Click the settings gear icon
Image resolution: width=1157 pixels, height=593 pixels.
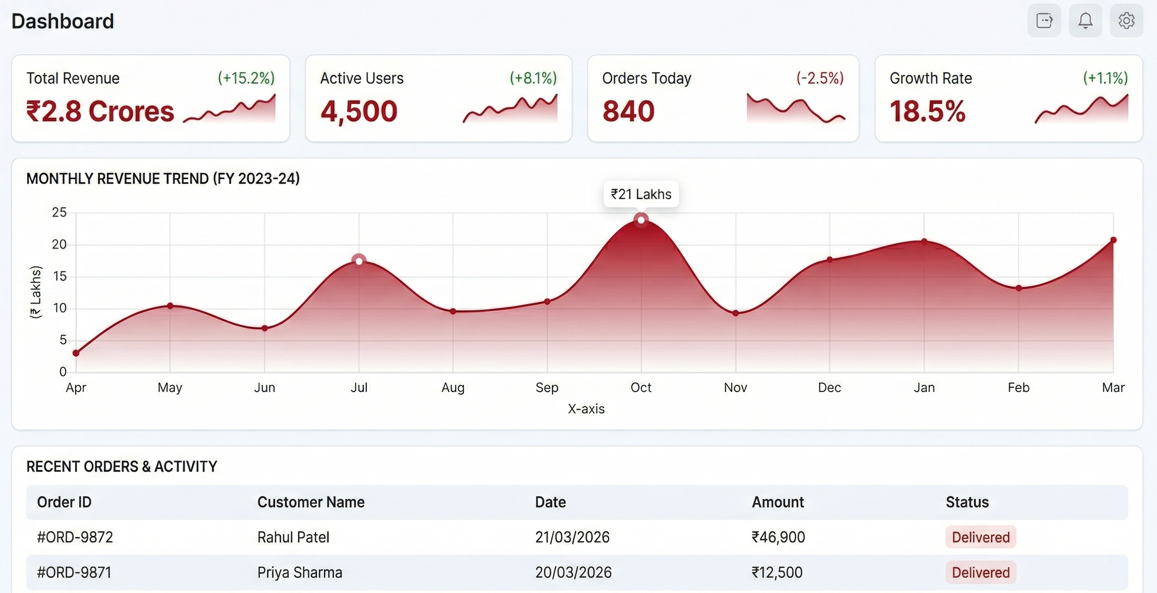click(x=1126, y=21)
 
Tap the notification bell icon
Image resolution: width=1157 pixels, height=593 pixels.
click(x=1085, y=21)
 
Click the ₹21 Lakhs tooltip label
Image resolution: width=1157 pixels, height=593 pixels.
click(x=641, y=194)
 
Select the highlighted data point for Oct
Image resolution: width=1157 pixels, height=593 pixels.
click(x=641, y=220)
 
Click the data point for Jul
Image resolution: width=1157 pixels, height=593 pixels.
click(x=359, y=261)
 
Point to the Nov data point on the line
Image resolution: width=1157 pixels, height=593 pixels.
click(x=736, y=313)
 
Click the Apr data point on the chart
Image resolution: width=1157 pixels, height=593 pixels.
click(x=76, y=353)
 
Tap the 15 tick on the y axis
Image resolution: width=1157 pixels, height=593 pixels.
click(x=60, y=276)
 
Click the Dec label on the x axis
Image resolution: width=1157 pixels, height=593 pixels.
click(x=830, y=387)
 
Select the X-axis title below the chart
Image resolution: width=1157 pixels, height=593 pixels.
click(x=586, y=409)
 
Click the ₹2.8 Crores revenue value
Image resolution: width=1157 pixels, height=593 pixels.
click(x=100, y=111)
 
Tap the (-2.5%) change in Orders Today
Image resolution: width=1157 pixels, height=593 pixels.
click(x=820, y=78)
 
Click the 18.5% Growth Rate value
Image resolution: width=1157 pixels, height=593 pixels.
click(x=927, y=111)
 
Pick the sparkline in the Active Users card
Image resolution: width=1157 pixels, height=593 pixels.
click(x=510, y=109)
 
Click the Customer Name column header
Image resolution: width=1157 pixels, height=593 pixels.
click(x=311, y=502)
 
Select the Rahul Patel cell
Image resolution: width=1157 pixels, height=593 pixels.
click(x=293, y=537)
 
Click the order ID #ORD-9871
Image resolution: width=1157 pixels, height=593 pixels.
click(x=74, y=572)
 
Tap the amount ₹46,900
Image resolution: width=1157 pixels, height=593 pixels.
click(x=778, y=537)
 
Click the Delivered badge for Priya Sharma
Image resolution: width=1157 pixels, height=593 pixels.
click(x=980, y=572)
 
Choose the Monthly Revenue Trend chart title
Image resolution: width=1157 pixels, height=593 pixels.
click(x=163, y=178)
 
